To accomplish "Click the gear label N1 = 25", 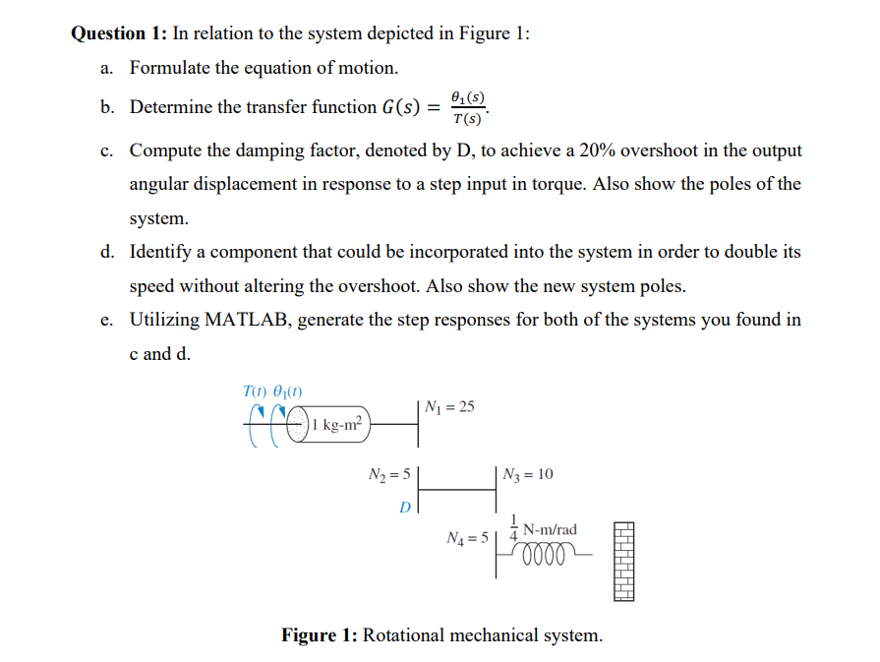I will [449, 407].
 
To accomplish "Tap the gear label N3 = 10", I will [528, 475].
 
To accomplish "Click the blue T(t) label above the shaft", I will [255, 391].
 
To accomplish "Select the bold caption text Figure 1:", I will [320, 634].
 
